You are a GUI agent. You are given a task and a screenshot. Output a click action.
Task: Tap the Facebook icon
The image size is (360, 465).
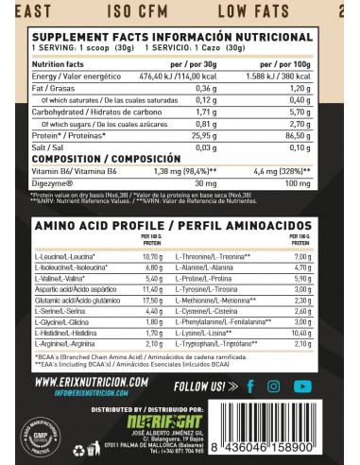click(x=276, y=386)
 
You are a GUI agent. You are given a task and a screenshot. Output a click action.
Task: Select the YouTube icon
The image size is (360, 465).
click(x=328, y=386)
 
